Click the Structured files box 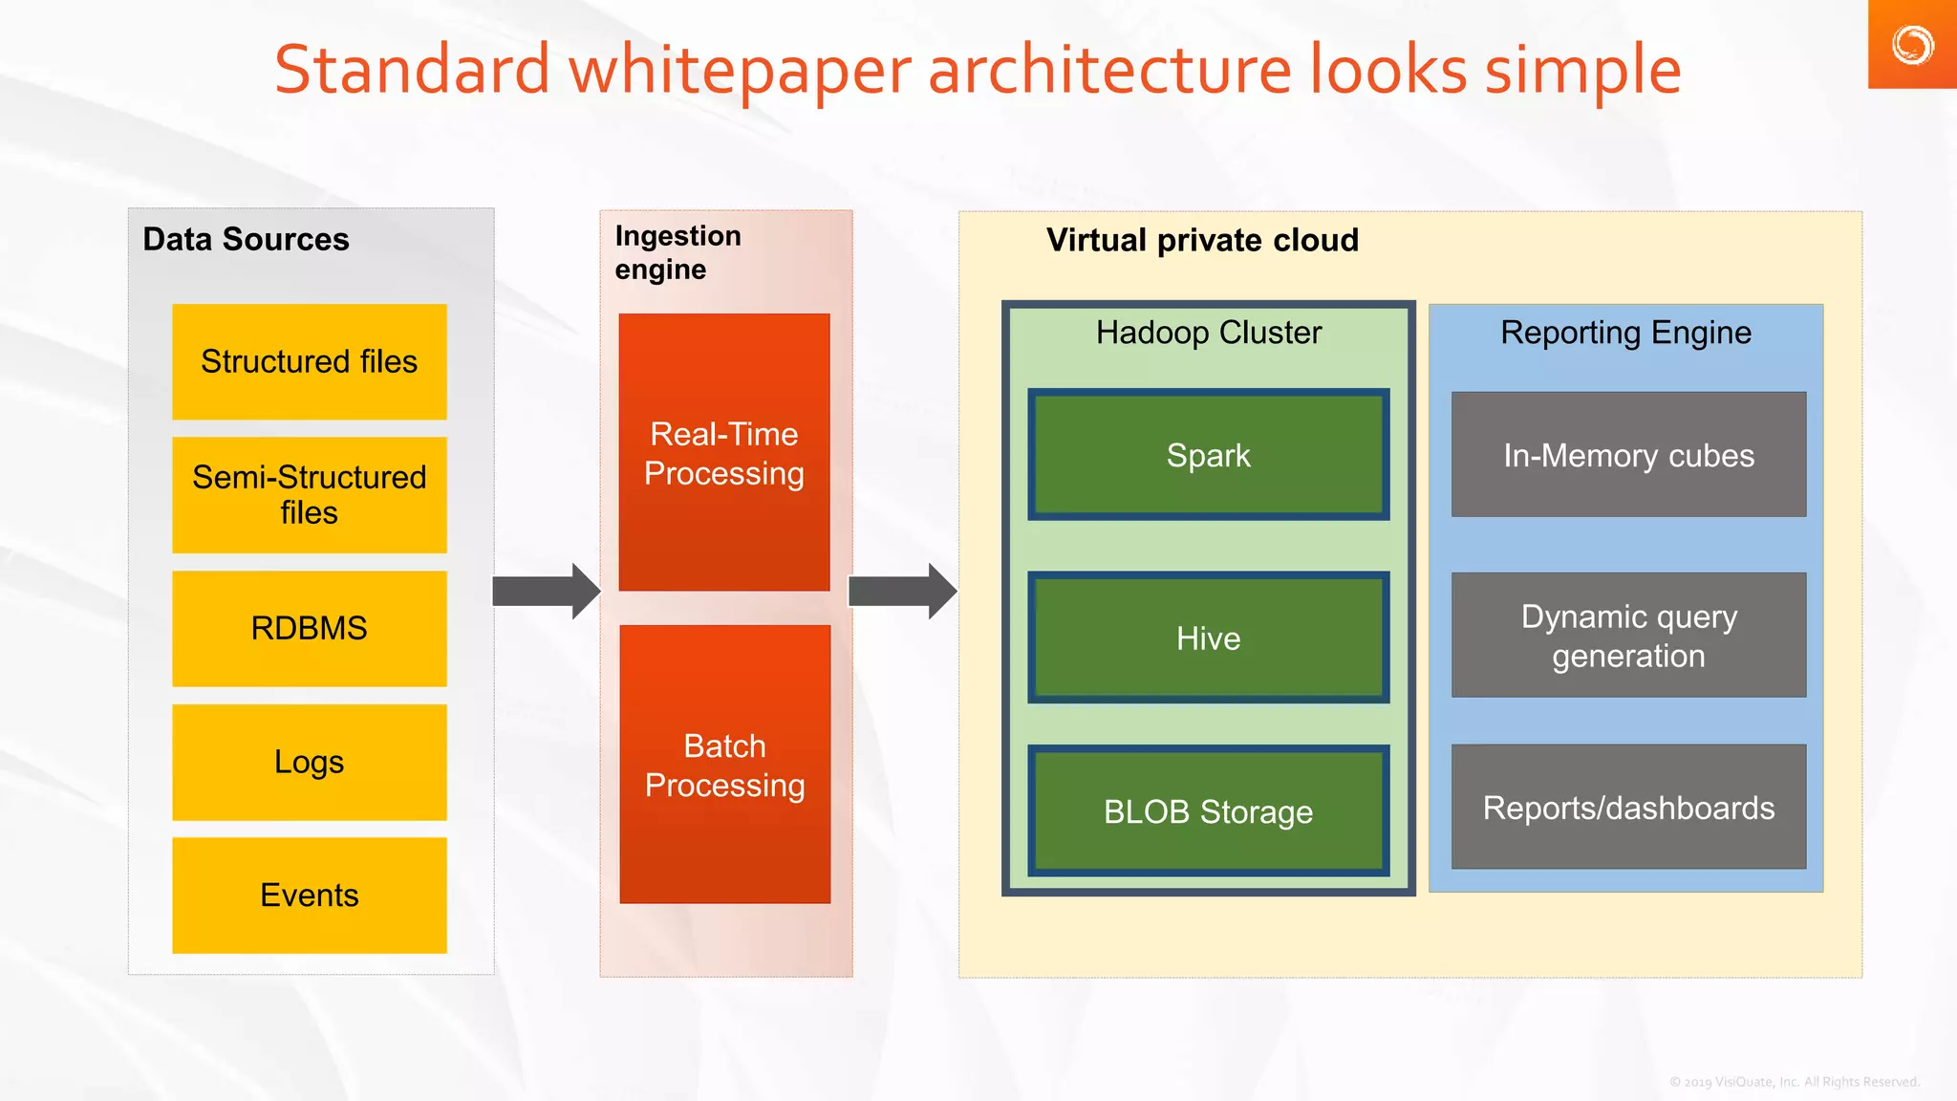(309, 361)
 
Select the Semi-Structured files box (309, 495)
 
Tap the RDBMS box (309, 628)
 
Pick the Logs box (309, 762)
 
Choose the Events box (309, 895)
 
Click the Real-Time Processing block (723, 452)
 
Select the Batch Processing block (724, 764)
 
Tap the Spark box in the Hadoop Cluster (1208, 455)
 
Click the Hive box (1208, 637)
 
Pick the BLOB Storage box (1208, 810)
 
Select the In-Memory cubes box (1628, 455)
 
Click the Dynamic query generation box (1628, 636)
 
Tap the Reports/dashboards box (1628, 808)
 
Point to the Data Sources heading (246, 239)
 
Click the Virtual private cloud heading (1202, 240)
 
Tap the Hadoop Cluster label (1208, 333)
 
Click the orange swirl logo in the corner (1912, 45)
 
